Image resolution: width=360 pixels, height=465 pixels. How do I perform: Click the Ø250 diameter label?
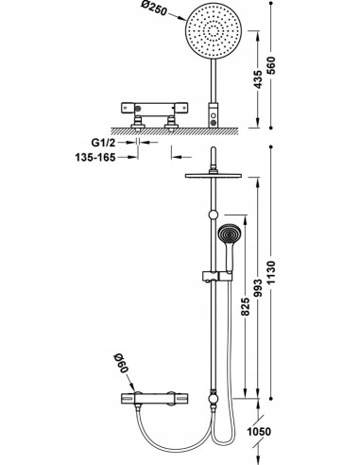click(154, 9)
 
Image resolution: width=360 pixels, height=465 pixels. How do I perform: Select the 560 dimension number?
click(271, 65)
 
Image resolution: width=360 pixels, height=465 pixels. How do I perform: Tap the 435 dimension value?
click(258, 79)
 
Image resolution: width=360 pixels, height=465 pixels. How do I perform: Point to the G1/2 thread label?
click(103, 143)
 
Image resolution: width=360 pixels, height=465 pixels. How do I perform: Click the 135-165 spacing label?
click(95, 157)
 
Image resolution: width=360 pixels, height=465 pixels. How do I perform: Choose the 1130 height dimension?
click(271, 272)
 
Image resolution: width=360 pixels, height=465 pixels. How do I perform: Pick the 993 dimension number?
click(258, 288)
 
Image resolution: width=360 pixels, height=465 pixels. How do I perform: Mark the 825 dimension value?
click(245, 306)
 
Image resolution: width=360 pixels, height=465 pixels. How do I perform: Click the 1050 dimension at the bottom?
click(259, 431)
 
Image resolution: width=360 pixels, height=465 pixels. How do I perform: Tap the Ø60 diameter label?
click(122, 363)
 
